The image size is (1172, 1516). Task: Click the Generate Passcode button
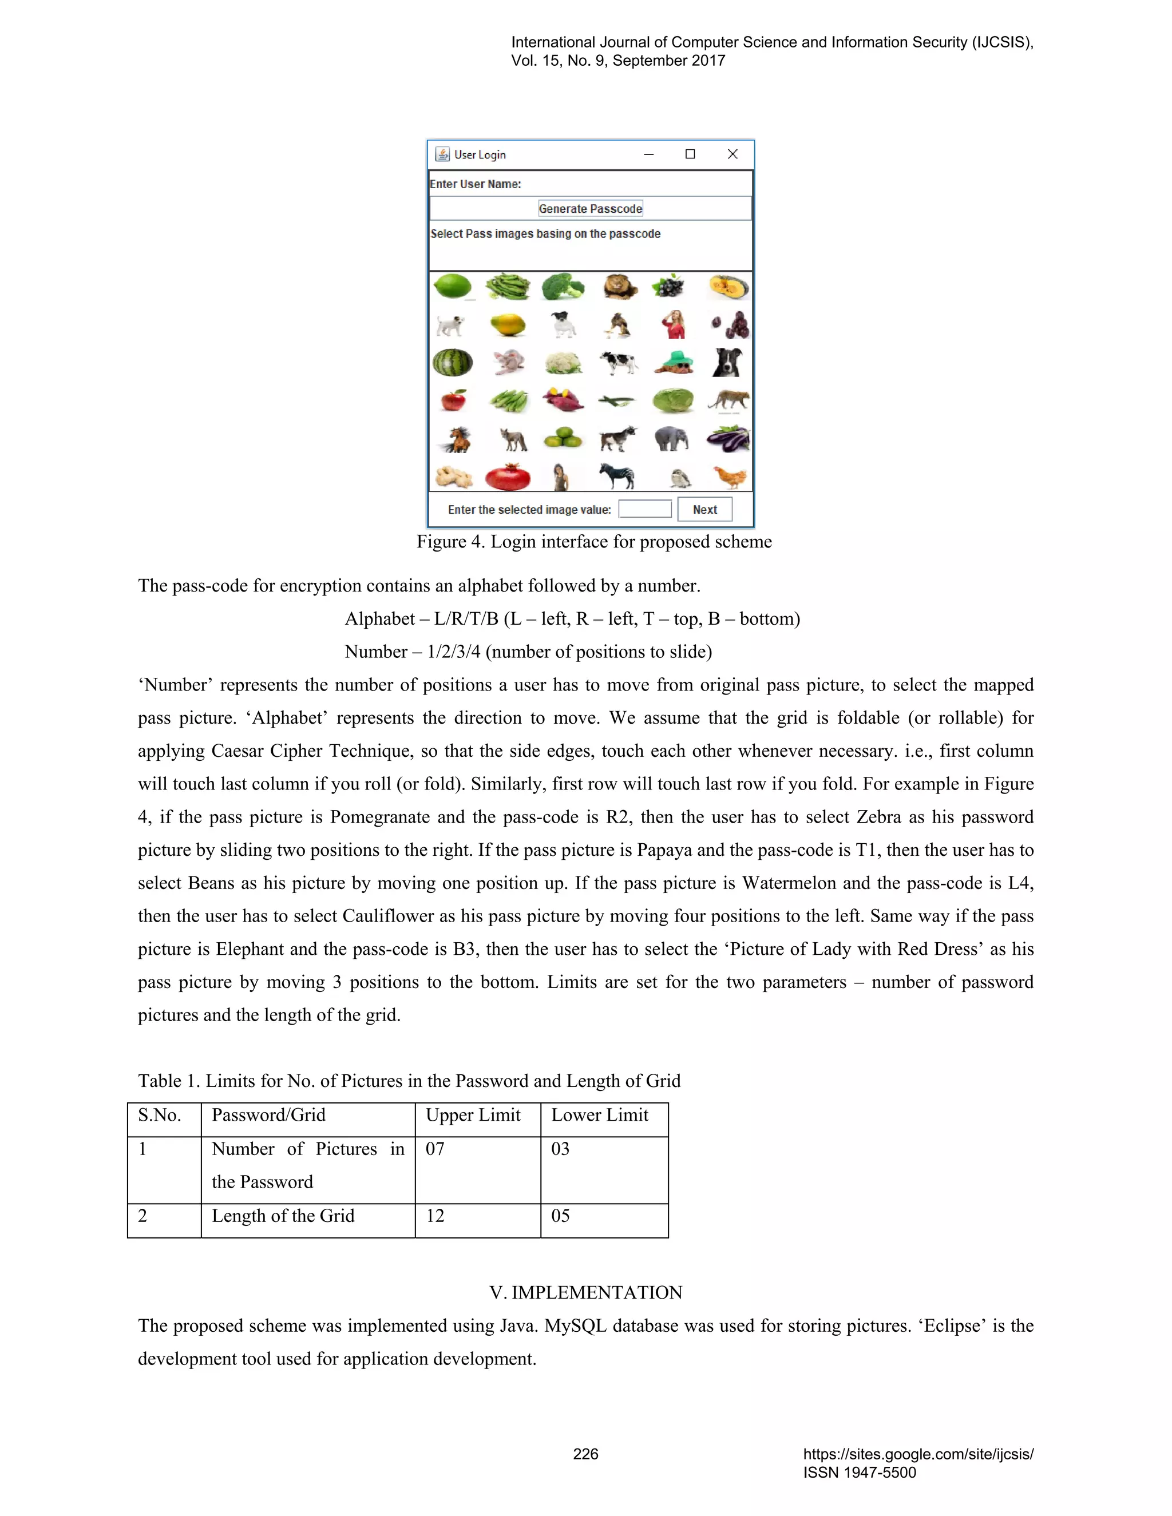pyautogui.click(x=590, y=208)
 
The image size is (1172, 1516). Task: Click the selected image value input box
pyautogui.click(x=645, y=509)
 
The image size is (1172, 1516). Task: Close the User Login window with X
pyautogui.click(x=732, y=154)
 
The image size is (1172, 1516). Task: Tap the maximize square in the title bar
pyautogui.click(x=690, y=154)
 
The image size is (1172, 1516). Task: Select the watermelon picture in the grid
pyautogui.click(x=453, y=362)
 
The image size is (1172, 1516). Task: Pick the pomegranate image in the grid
pyautogui.click(x=508, y=477)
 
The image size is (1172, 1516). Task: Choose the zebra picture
pyautogui.click(x=617, y=475)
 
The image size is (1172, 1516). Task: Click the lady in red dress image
pyautogui.click(x=674, y=324)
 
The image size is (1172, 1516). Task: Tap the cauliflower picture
pyautogui.click(x=563, y=362)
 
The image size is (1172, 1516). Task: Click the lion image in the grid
pyautogui.click(x=619, y=285)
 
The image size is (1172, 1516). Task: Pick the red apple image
pyautogui.click(x=453, y=400)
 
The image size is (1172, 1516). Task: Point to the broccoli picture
pyautogui.click(x=563, y=286)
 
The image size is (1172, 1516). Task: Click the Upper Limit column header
pyautogui.click(x=473, y=1115)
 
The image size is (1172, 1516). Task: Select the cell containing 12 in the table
pyautogui.click(x=435, y=1216)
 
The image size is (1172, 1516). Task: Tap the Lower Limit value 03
pyautogui.click(x=560, y=1149)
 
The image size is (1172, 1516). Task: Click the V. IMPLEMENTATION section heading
pyautogui.click(x=585, y=1292)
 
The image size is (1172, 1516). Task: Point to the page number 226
pyautogui.click(x=585, y=1454)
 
